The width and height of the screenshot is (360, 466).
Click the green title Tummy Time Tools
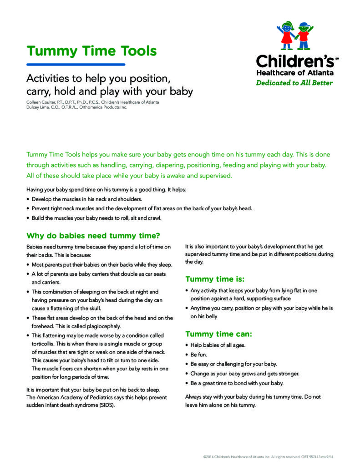[x=91, y=51]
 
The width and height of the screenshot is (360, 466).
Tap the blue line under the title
[x=76, y=64]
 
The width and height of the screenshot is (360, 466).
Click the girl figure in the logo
[x=287, y=34]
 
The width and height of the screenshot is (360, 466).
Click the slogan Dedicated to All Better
[x=294, y=83]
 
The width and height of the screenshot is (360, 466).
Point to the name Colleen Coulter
[x=41, y=102]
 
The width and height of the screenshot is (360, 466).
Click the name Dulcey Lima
[x=38, y=107]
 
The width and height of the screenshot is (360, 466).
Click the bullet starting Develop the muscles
[x=86, y=199]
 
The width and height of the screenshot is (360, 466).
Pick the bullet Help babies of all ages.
[x=218, y=345]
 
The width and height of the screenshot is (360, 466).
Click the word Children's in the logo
[x=295, y=61]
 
